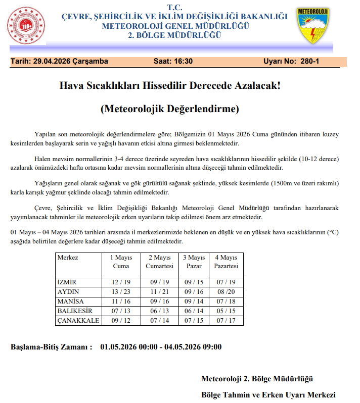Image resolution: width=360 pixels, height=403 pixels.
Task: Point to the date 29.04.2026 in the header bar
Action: click(53, 61)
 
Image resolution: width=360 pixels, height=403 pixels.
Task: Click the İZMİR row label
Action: click(67, 282)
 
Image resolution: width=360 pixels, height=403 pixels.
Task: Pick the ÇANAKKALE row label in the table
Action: click(78, 321)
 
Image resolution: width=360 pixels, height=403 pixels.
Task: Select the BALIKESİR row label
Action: click(75, 311)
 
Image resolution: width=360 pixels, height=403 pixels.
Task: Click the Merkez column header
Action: click(68, 258)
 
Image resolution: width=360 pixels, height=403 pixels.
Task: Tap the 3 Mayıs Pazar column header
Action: click(195, 262)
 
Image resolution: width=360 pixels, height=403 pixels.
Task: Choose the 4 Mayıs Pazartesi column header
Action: click(226, 262)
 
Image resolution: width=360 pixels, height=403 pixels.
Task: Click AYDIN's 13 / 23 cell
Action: click(121, 291)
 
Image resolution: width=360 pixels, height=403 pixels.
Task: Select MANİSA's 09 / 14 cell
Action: click(195, 301)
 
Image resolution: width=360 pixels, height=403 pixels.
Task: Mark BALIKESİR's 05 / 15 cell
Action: click(226, 311)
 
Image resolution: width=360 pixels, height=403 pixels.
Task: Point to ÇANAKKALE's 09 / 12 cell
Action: click(121, 321)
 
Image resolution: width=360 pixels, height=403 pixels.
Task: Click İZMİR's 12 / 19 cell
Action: click(121, 282)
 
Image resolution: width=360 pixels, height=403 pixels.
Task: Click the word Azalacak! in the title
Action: click(253, 85)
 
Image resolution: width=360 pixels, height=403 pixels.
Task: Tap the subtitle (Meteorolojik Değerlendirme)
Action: click(169, 109)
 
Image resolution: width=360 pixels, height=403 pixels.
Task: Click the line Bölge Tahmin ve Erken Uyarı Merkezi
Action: click(268, 394)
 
